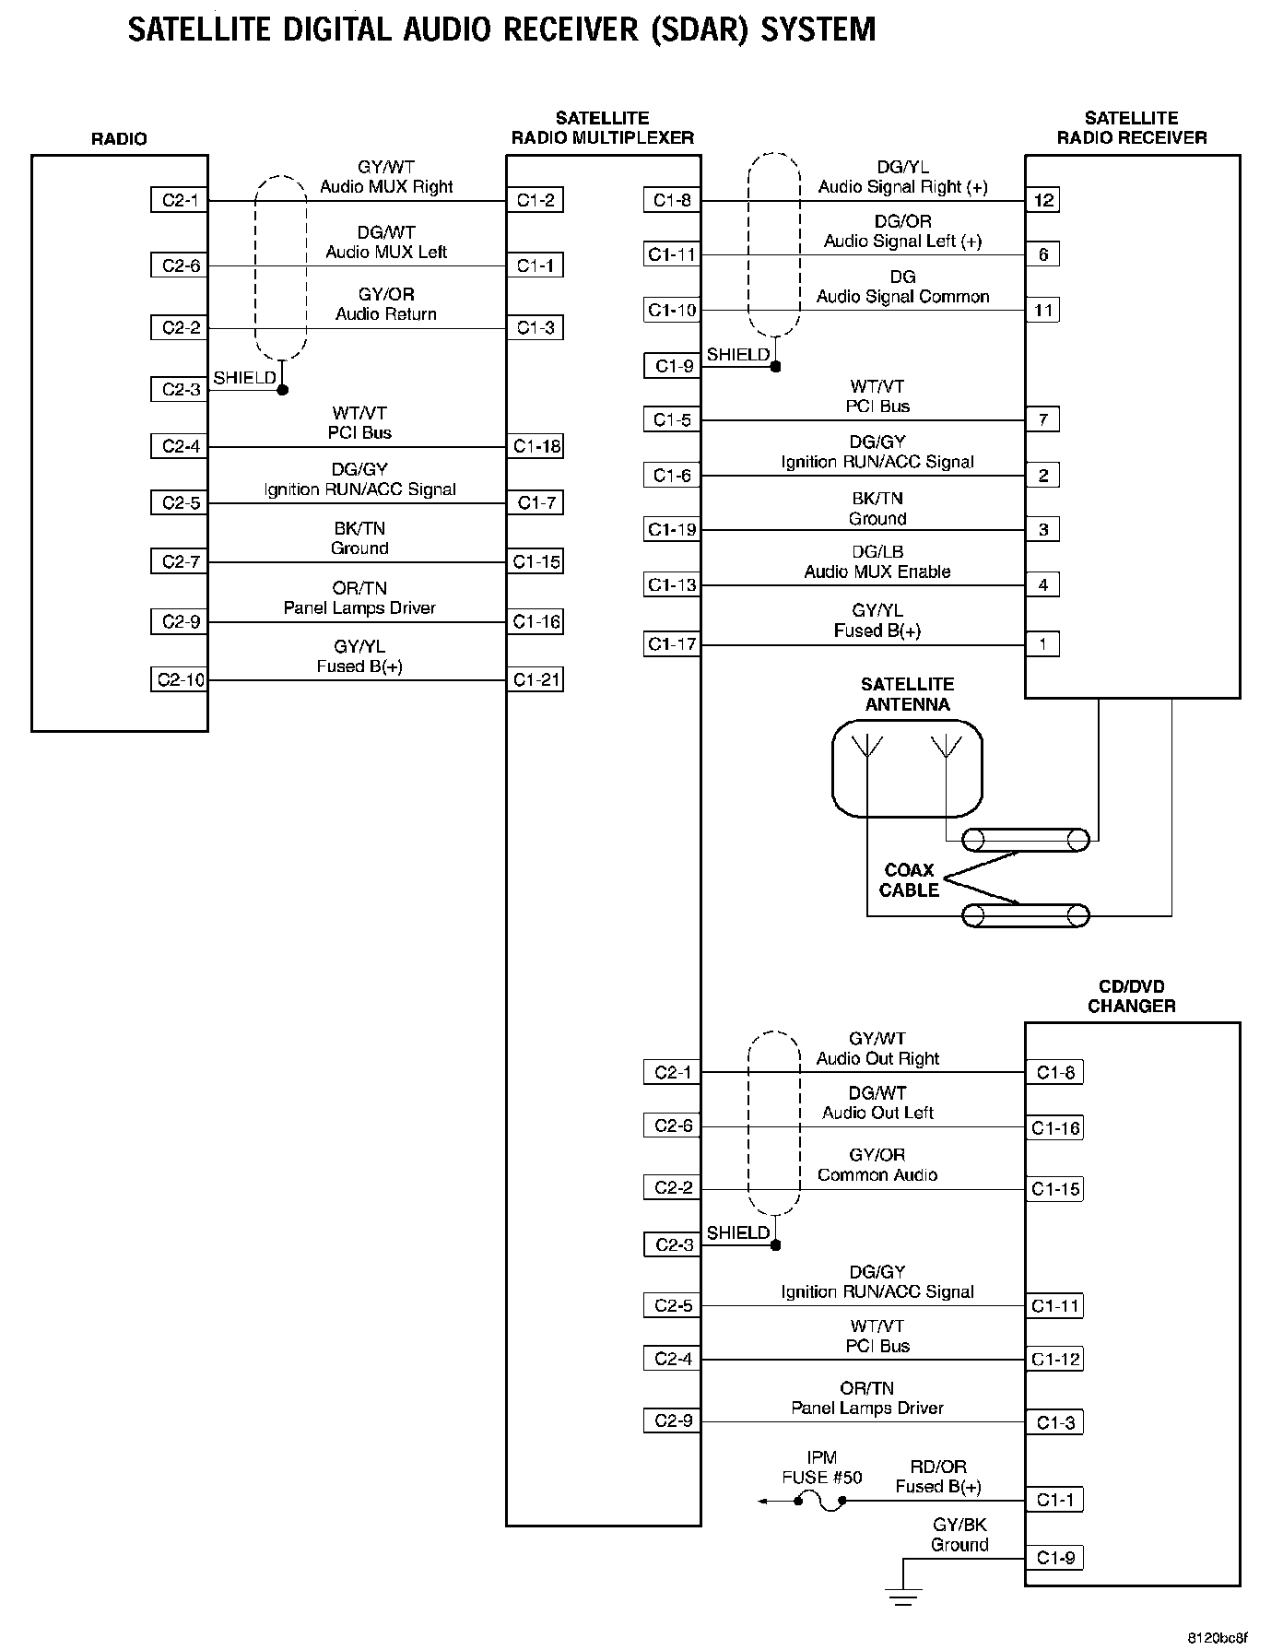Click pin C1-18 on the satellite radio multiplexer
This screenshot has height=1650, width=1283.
536,446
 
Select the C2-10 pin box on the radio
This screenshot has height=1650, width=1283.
180,680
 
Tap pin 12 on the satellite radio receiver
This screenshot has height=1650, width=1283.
1043,200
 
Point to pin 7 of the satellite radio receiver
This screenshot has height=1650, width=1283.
1043,420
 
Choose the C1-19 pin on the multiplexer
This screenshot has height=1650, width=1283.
672,530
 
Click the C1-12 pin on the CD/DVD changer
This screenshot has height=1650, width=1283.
1054,1359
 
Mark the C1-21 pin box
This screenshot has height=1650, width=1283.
536,680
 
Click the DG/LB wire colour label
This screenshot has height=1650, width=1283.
877,552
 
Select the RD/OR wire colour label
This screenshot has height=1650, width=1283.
938,1467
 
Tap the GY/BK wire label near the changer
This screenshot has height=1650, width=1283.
959,1526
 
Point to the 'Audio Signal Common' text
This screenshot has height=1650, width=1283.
902,297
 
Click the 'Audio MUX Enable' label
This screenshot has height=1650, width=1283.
877,572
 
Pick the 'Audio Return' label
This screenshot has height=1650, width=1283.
386,314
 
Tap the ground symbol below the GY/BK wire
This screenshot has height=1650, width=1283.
903,1593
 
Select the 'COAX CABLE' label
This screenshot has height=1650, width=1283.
909,880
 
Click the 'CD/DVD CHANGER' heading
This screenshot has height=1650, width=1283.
1131,996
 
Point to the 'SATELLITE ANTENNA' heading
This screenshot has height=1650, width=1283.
907,694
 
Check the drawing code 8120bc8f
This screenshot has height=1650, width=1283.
1216,1637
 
